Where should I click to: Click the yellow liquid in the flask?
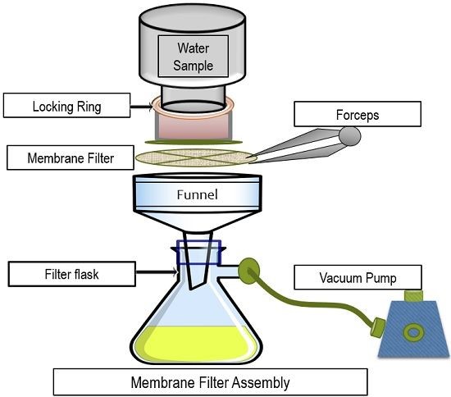click(197, 338)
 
